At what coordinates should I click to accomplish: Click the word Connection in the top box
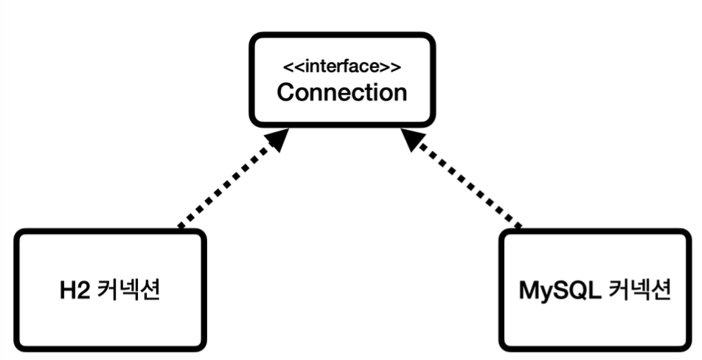click(342, 92)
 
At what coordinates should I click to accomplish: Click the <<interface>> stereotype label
click(342, 66)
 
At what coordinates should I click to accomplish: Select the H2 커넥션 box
click(110, 289)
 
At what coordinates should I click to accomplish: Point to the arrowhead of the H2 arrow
click(277, 139)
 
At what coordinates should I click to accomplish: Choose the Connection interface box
click(342, 80)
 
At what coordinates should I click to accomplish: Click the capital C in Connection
click(287, 93)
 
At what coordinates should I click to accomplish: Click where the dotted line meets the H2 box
click(180, 228)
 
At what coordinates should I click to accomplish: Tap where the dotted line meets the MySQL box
click(519, 228)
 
